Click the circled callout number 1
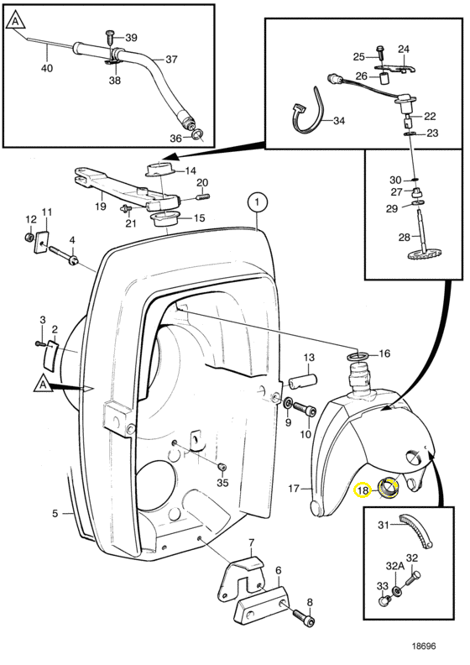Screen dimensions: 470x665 pos(258,202)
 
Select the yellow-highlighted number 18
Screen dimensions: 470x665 pos(363,490)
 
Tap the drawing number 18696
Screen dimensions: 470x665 pos(423,646)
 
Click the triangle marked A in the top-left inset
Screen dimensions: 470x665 pos(16,20)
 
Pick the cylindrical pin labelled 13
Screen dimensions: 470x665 pos(303,380)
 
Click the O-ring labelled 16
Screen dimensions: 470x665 pos(358,356)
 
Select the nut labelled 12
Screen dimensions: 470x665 pos(29,237)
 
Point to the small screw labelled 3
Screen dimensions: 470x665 pos(39,343)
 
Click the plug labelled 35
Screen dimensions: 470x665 pos(222,467)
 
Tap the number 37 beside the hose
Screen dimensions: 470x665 pos(171,59)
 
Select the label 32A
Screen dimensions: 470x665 pos(394,566)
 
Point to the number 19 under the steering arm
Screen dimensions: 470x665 pos(100,206)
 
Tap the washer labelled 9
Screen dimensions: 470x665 pos(288,402)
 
